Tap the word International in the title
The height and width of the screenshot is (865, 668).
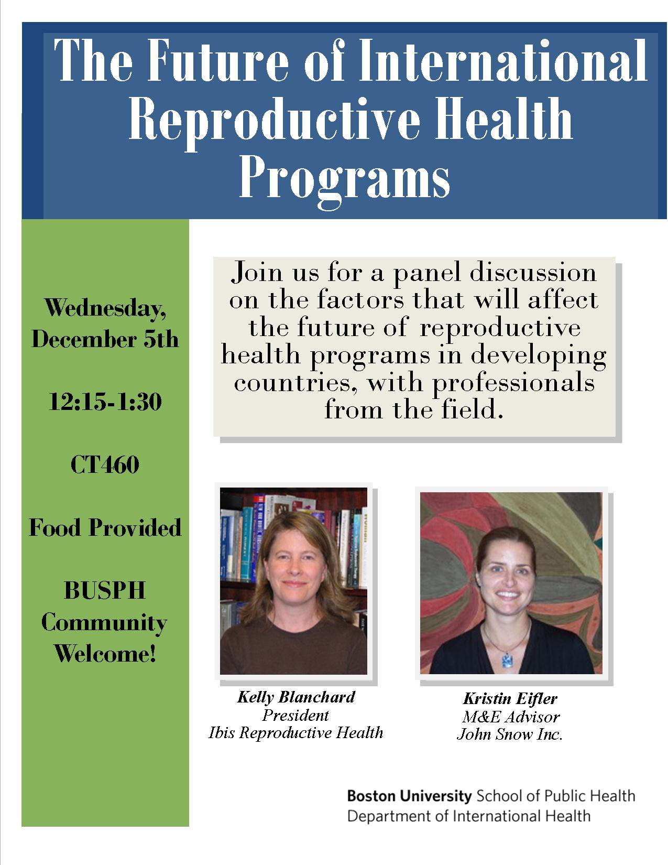[x=503, y=60]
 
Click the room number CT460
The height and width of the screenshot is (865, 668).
[x=105, y=464]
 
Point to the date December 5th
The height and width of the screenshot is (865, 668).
[x=105, y=339]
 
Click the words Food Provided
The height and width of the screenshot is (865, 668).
[x=105, y=527]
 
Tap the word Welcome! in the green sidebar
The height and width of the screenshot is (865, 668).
[x=105, y=654]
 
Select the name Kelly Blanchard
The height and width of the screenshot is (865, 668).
[x=296, y=697]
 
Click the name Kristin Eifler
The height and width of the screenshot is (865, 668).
[x=510, y=699]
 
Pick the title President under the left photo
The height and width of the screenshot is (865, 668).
[x=295, y=715]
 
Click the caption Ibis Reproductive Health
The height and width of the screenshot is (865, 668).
[x=295, y=733]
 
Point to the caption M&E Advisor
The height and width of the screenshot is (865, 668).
[x=511, y=717]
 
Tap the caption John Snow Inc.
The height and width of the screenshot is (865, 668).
[x=510, y=734]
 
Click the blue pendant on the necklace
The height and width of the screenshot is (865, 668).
[x=507, y=661]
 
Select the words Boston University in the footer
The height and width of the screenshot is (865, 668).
[x=409, y=796]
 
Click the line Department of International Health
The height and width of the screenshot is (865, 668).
[x=469, y=816]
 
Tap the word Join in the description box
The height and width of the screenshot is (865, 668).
[x=258, y=273]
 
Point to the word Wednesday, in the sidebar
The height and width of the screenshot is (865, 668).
[x=105, y=308]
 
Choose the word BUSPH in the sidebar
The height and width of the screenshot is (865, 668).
[x=105, y=590]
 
